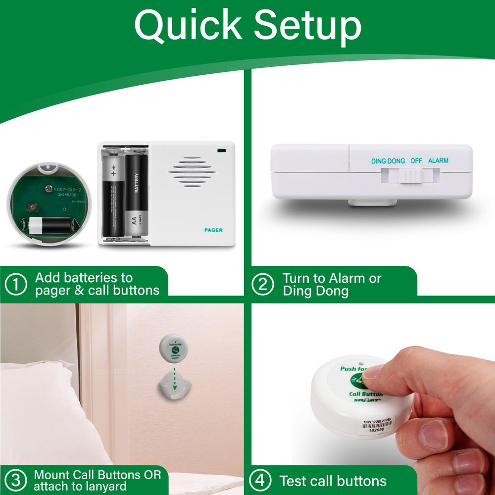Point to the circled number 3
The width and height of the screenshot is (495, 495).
coord(16,480)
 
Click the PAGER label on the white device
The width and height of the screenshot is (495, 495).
coord(213,230)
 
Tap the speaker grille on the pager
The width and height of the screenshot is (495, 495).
coord(193,173)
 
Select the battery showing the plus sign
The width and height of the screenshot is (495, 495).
coord(113,200)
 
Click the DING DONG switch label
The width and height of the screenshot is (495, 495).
coord(388,161)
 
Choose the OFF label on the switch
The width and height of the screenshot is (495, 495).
coord(416,161)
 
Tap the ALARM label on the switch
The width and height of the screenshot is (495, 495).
coord(438,161)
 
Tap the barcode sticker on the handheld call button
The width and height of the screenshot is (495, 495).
coord(376,424)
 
